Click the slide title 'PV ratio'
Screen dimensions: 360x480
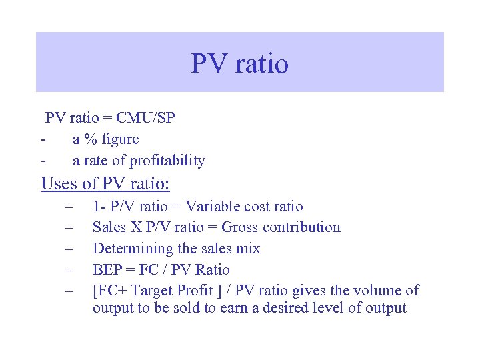click(239, 63)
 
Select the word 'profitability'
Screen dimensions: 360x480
click(167, 161)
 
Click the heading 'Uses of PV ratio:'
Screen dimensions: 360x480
click(105, 183)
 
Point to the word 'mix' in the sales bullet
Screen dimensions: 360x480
click(249, 249)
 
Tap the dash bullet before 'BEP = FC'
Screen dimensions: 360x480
click(68, 270)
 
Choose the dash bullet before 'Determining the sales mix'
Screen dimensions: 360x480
click(68, 249)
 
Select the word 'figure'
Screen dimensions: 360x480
click(120, 139)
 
